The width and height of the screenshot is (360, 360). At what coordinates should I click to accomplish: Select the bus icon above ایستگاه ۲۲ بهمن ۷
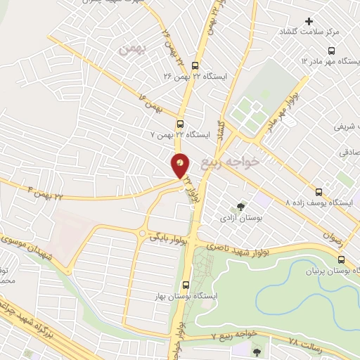pos(181,121)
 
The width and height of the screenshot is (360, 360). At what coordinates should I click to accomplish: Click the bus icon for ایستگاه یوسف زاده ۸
pos(319,191)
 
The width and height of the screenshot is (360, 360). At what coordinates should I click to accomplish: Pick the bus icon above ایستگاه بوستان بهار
pos(185,285)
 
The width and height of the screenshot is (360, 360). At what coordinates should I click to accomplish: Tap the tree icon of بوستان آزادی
pos(241,207)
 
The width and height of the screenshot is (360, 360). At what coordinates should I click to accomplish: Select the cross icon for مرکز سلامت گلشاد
pos(309,21)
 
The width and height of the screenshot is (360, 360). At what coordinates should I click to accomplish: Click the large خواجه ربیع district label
pos(231,163)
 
